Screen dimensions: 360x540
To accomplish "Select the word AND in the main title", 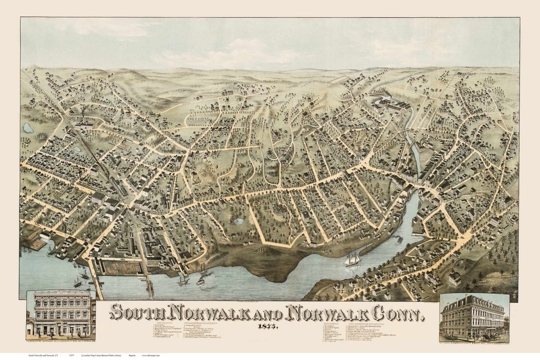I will [x=264, y=313].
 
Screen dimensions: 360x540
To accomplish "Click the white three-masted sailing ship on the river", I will [x=353, y=259].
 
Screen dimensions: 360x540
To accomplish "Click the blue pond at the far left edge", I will [x=28, y=128].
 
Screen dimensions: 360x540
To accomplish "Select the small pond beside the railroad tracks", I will [x=76, y=148].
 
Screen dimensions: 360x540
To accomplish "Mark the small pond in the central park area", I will [x=239, y=221].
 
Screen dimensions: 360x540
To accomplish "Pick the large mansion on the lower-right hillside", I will [x=454, y=277].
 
